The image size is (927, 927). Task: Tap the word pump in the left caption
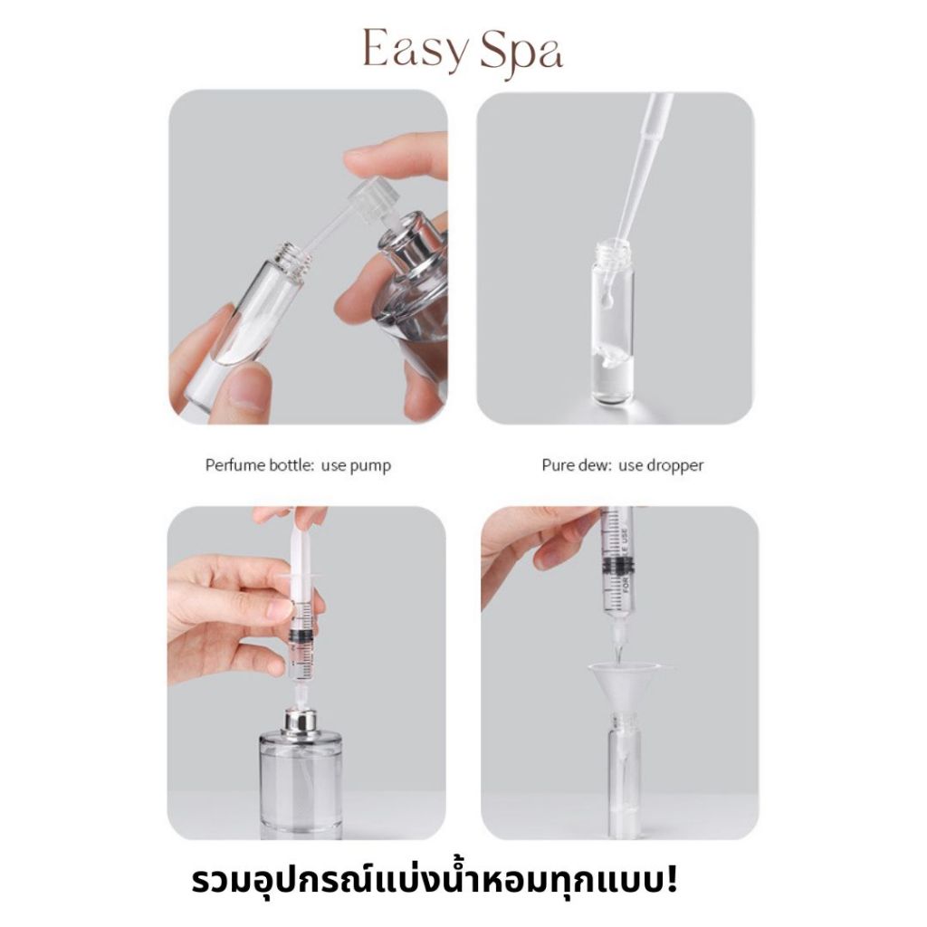click(370, 466)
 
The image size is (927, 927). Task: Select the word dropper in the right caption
click(675, 466)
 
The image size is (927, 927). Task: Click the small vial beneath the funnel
click(624, 775)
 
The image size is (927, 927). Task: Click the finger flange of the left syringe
click(301, 575)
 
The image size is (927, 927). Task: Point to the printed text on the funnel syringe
click(626, 561)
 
